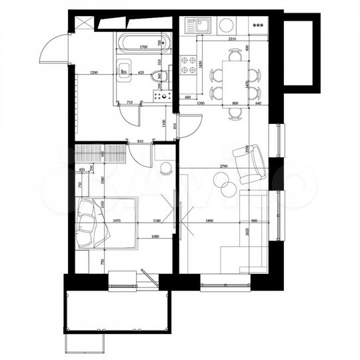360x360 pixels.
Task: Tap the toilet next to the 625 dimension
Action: pos(157,79)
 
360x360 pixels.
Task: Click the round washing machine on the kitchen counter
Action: pos(227,26)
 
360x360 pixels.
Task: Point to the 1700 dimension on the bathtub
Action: pos(139,48)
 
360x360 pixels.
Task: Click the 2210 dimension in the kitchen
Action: pos(232,39)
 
